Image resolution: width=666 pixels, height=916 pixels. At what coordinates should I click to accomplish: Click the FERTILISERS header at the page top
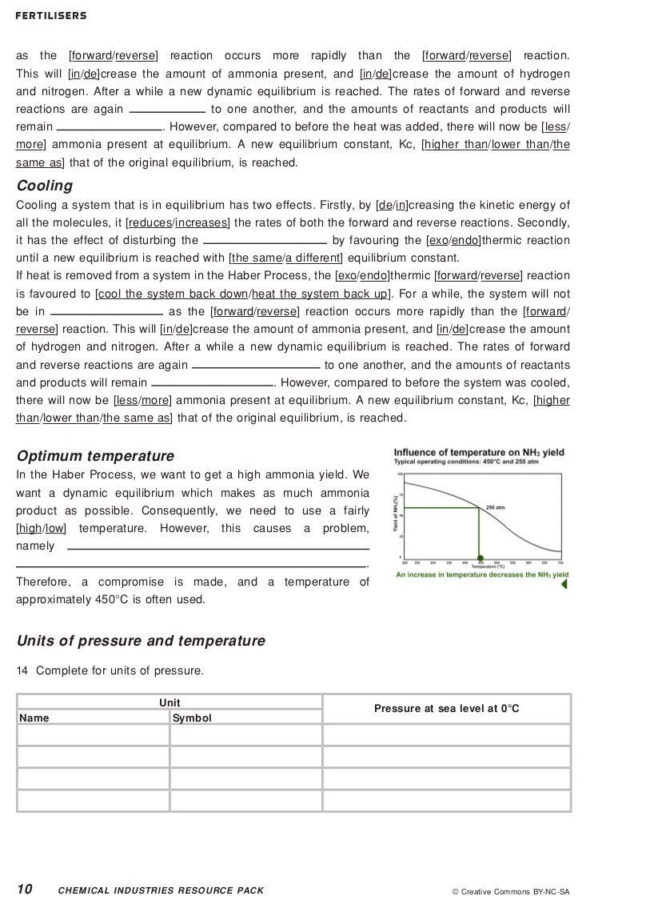point(51,16)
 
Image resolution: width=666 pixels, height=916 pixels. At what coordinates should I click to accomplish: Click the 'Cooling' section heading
point(44,186)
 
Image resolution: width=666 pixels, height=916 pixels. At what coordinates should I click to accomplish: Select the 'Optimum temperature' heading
point(95,456)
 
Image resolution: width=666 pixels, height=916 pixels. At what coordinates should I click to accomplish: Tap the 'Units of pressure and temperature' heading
point(141,641)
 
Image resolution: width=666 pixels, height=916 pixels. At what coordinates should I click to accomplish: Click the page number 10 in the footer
point(25,890)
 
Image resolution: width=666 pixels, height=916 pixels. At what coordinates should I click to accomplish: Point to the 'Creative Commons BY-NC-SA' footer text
point(511,891)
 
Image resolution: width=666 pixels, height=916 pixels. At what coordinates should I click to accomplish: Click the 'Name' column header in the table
point(34,718)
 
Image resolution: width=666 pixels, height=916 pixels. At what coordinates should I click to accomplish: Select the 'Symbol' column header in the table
point(192,718)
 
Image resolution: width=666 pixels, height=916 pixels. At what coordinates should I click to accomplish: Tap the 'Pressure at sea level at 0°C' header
point(446,708)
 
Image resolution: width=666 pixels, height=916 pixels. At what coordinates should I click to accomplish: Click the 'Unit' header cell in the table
point(169,702)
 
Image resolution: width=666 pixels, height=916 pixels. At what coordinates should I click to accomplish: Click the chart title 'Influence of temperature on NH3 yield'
point(478,453)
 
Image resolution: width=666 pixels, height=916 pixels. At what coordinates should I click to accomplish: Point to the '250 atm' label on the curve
point(495,507)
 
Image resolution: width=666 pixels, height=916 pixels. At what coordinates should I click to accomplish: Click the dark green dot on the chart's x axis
point(480,558)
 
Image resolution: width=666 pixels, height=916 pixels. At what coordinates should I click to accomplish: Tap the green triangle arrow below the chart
point(564,584)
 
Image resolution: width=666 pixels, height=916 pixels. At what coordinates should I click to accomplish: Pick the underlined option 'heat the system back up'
point(319,294)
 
